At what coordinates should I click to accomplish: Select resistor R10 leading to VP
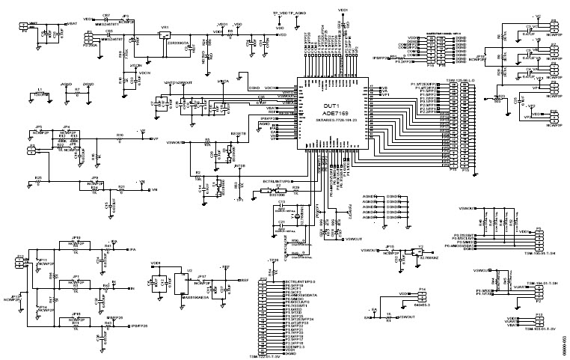[119, 135]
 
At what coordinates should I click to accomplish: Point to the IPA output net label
[132, 248]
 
